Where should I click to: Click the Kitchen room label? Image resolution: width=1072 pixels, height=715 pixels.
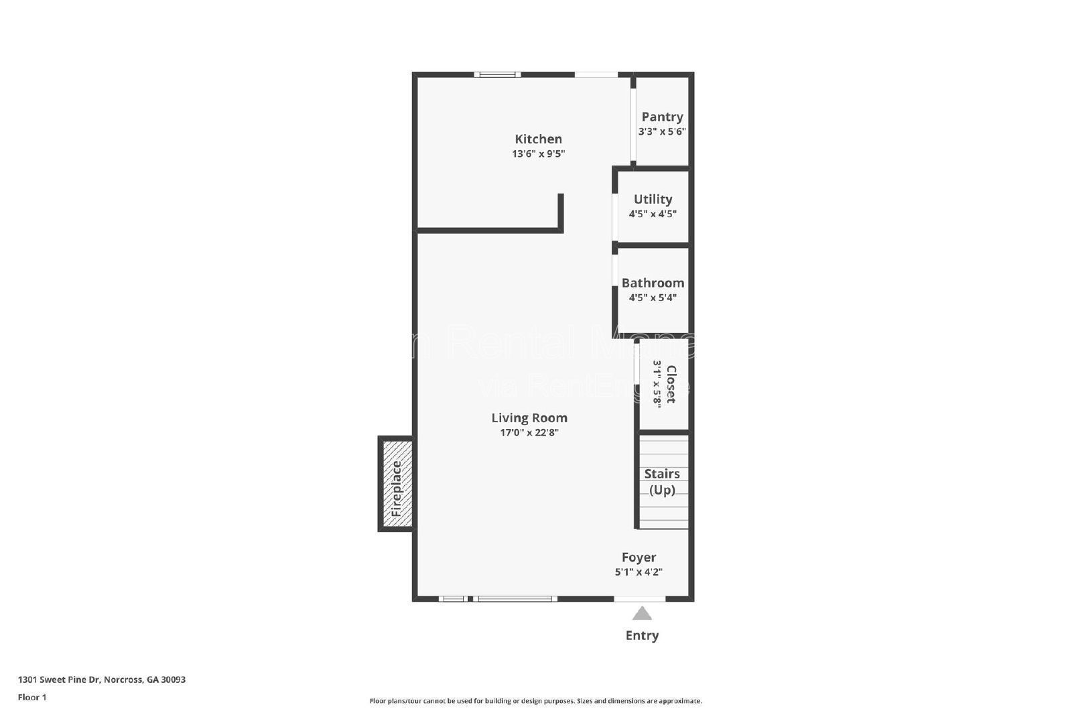[538, 139]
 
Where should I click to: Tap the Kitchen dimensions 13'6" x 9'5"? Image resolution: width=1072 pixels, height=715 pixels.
[538, 154]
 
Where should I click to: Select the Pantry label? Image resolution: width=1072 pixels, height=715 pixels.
[662, 117]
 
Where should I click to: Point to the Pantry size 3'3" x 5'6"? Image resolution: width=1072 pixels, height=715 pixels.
[662, 131]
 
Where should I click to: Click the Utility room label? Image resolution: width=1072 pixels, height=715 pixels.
[653, 199]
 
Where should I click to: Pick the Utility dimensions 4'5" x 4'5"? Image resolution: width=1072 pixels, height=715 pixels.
[653, 214]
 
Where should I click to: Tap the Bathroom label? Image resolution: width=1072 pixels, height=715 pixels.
[653, 283]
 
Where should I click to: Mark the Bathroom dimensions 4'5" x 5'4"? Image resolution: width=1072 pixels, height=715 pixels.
[653, 298]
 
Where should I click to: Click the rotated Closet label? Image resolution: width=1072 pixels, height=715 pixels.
[671, 384]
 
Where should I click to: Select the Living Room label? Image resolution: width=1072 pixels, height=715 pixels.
[529, 418]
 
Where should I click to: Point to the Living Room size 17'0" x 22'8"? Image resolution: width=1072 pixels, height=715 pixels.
[529, 433]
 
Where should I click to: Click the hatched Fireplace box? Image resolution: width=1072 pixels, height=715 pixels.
[396, 484]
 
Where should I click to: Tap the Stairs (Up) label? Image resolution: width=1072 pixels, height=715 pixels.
[662, 481]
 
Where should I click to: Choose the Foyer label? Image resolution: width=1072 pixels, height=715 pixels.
[639, 558]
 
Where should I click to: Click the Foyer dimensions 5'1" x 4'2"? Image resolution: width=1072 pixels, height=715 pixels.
[639, 572]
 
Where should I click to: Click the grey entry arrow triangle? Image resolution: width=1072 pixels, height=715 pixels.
[642, 613]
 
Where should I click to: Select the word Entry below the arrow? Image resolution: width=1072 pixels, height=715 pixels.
[642, 635]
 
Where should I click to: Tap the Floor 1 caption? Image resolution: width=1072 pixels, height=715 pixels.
[32, 697]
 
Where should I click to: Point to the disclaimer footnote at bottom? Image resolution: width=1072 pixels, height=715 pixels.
[535, 701]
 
